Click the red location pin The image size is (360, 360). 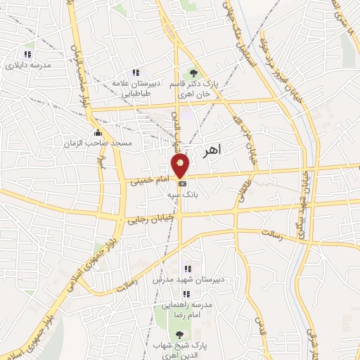181,165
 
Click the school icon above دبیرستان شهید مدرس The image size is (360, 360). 187,269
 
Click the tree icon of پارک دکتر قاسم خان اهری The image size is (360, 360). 193,73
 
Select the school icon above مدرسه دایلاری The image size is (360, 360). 27,54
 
